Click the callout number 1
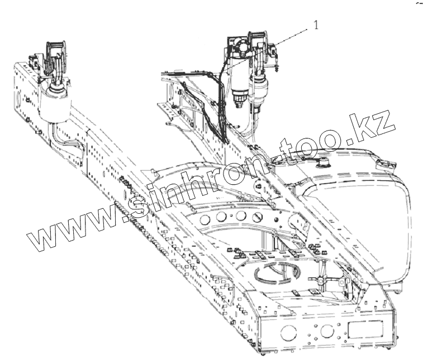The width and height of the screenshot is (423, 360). [x=317, y=25]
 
